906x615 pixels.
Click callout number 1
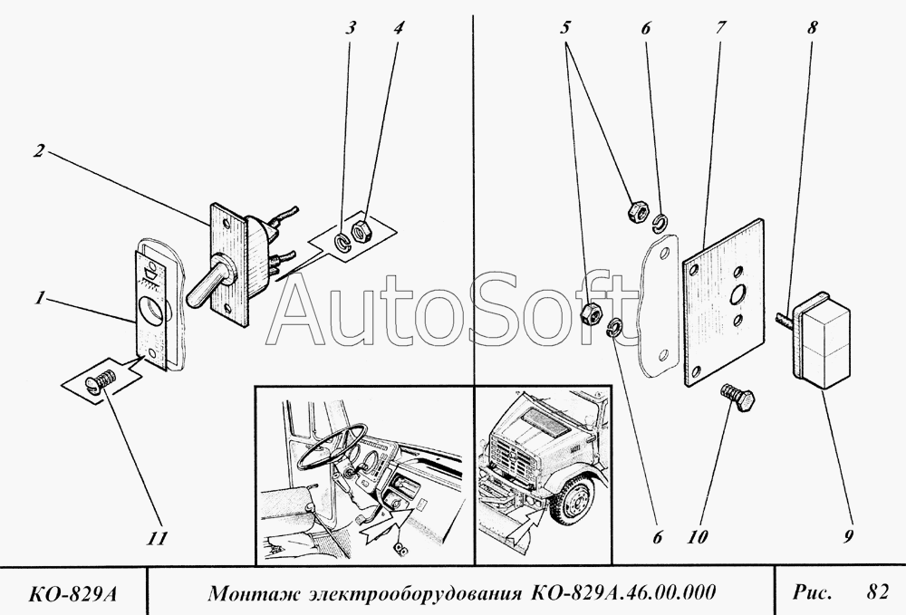pyautogui.click(x=39, y=299)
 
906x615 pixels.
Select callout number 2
pyautogui.click(x=38, y=151)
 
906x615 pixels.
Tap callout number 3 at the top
pyautogui.click(x=350, y=28)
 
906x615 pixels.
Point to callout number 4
pyautogui.click(x=398, y=28)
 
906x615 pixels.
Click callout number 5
pyautogui.click(x=565, y=27)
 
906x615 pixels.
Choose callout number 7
pyautogui.click(x=720, y=27)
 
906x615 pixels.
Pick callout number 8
pyautogui.click(x=812, y=27)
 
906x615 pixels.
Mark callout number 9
pyautogui.click(x=848, y=536)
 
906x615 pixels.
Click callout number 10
pyautogui.click(x=698, y=537)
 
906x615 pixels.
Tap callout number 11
pyautogui.click(x=157, y=538)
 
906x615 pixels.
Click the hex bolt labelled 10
pyautogui.click(x=737, y=399)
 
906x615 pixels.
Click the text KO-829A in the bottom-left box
pyautogui.click(x=72, y=593)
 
